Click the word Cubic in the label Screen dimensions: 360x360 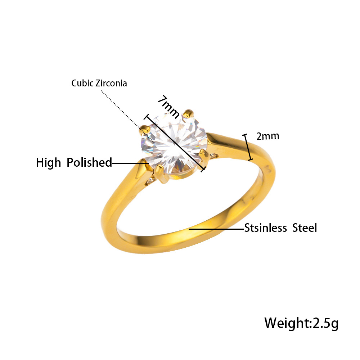click(82, 83)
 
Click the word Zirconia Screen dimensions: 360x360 click(111, 83)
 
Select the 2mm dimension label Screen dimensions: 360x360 click(268, 136)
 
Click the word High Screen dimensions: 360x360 click(49, 163)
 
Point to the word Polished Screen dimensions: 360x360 click(89, 162)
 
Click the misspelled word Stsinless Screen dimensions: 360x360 click(265, 228)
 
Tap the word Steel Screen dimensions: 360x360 click(305, 228)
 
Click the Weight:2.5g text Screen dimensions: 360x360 click(301, 323)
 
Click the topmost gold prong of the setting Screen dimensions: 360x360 click(189, 114)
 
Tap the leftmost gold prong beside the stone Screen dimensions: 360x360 click(145, 130)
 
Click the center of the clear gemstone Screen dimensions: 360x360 click(174, 147)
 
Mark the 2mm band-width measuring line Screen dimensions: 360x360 click(248, 147)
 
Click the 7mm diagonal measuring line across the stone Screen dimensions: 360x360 click(175, 143)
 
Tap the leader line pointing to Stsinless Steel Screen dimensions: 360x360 click(216, 229)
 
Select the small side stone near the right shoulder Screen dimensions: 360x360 click(214, 156)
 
